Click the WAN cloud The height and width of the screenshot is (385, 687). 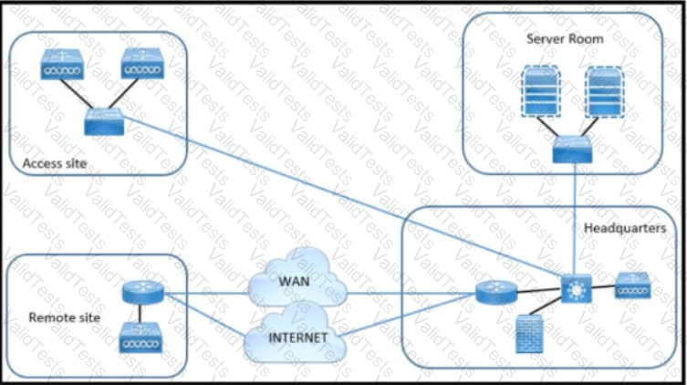297,283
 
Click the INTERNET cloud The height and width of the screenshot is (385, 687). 297,335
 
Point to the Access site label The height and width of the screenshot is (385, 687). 54,162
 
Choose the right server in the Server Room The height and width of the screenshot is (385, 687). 607,92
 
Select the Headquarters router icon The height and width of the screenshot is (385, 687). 496,293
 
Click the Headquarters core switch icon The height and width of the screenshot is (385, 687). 576,288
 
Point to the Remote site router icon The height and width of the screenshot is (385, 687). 142,293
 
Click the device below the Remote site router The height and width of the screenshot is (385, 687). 142,340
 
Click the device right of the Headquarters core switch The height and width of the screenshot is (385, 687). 632,286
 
